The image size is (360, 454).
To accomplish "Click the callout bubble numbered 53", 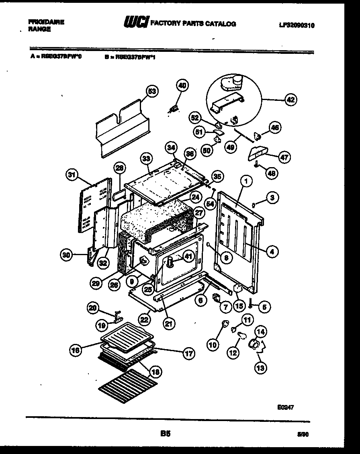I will [x=151, y=92].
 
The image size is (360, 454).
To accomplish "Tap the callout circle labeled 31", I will [x=72, y=175].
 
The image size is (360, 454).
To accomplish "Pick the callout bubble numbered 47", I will [x=284, y=157].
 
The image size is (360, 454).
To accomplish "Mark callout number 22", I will [x=145, y=319].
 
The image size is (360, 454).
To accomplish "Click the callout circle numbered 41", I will [x=188, y=256].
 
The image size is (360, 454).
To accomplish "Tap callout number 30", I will [x=67, y=254].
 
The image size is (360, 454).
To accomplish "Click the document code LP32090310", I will [x=297, y=25].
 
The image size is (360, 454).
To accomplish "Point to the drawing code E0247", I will [x=285, y=407].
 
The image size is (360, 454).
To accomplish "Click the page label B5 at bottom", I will [x=164, y=434].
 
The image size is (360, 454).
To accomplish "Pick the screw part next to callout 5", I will [x=250, y=307].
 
